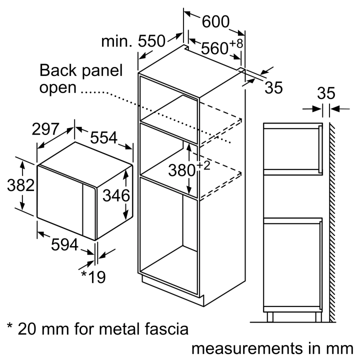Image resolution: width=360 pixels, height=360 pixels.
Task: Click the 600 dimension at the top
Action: tap(215, 22)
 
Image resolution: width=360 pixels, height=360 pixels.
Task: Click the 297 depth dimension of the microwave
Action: tap(49, 129)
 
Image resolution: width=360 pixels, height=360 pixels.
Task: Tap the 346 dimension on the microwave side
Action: tap(116, 194)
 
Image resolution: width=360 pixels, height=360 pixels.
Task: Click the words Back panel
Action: tap(80, 70)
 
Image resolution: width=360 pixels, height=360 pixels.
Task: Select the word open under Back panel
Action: tap(58, 88)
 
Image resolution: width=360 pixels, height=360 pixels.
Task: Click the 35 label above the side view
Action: tap(325, 93)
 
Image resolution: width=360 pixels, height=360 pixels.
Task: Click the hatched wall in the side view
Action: tap(332, 220)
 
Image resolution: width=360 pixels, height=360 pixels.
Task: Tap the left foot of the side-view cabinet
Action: tap(270, 316)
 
